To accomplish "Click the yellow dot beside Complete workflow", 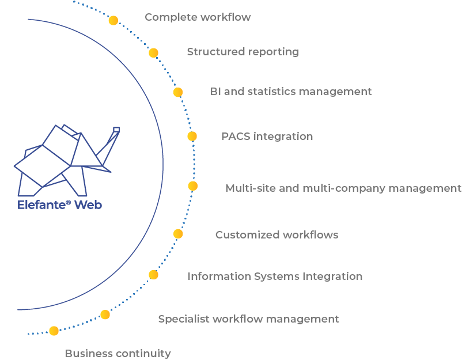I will [x=113, y=21].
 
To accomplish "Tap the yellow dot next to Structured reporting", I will [x=153, y=53].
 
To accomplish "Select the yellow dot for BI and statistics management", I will [x=178, y=92].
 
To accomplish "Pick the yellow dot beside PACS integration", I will [x=192, y=137].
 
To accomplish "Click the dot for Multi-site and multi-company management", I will [x=193, y=186].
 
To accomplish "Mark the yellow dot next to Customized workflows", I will [x=178, y=234].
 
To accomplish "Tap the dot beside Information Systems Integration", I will [x=153, y=275].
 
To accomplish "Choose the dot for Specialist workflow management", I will [x=105, y=314].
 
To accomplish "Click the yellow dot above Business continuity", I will [x=54, y=331].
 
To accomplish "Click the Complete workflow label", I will [x=198, y=17].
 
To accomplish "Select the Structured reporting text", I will [x=243, y=52].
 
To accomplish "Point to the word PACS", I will [x=236, y=137].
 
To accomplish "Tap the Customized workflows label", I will [x=277, y=235].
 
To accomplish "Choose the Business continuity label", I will [x=118, y=354].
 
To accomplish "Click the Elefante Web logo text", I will [x=59, y=204].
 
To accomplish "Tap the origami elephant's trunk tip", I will [x=116, y=130].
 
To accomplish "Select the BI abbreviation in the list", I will [x=215, y=92].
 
